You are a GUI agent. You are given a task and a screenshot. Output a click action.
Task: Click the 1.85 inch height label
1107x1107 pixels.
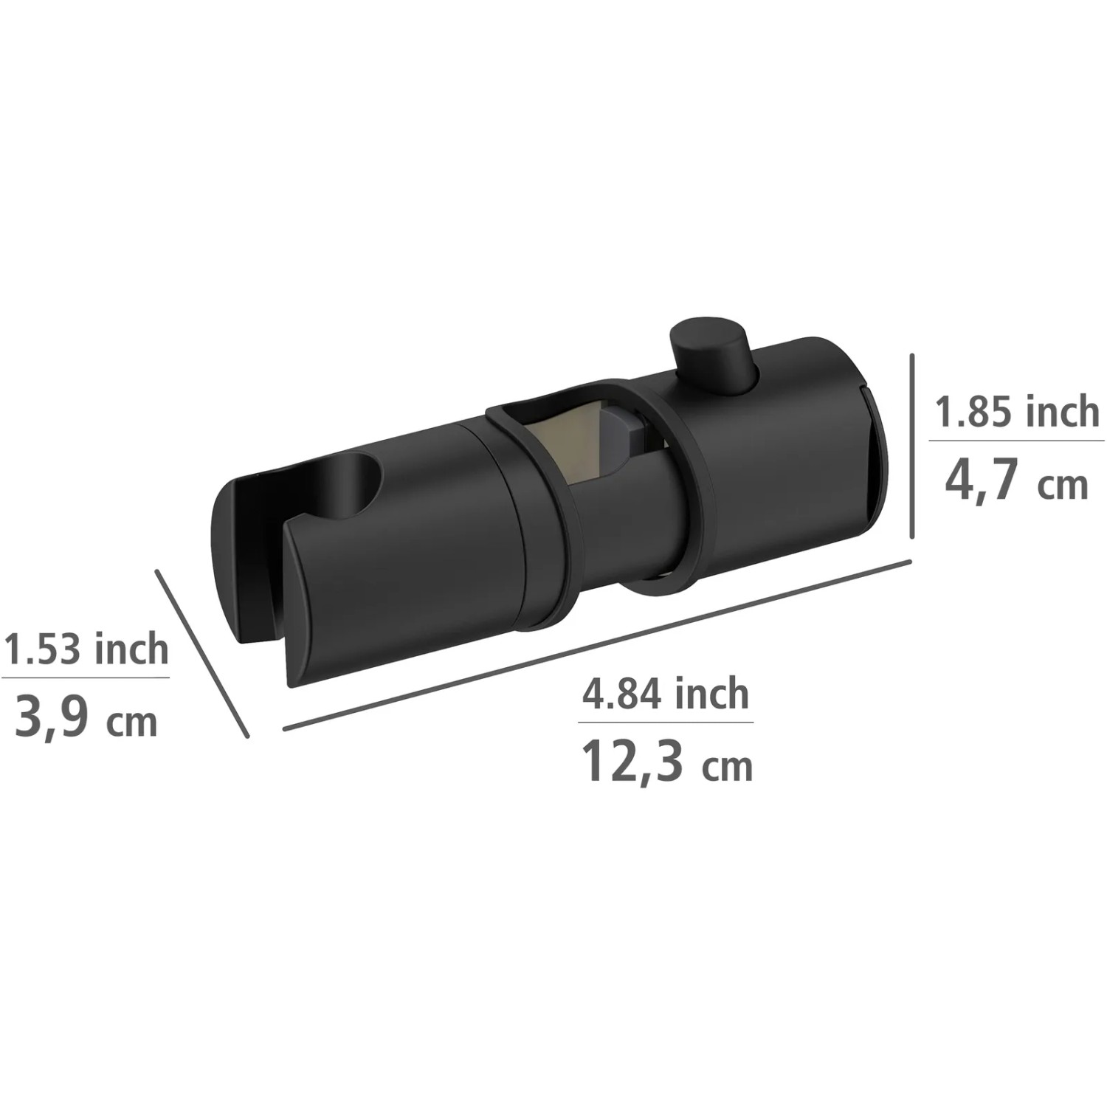pyautogui.click(x=1018, y=412)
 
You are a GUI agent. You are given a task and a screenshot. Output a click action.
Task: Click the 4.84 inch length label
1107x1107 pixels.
pyautogui.click(x=666, y=694)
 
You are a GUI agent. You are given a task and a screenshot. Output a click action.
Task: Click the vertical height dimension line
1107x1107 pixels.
pyautogui.click(x=913, y=446)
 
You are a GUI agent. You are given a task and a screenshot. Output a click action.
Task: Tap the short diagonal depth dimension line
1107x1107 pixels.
pyautogui.click(x=202, y=653)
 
